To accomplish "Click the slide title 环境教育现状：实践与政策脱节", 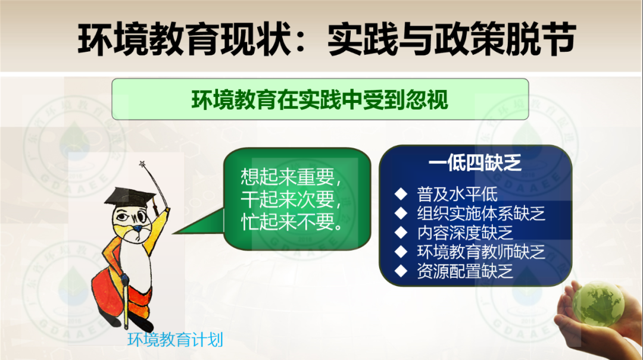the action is [327, 39].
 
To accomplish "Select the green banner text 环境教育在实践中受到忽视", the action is [320, 99].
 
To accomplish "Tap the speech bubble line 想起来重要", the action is [291, 177].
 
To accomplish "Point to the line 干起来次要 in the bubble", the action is [291, 200].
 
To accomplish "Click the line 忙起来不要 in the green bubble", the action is [292, 222].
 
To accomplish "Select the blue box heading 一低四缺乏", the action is [475, 163].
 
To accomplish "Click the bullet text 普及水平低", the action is [457, 195].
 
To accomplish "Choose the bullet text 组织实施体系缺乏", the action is [481, 214].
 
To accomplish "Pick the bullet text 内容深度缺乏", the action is [465, 233].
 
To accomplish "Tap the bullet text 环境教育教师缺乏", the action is [481, 252].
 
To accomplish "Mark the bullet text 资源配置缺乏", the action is [465, 271].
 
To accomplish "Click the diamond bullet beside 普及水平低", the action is [401, 195].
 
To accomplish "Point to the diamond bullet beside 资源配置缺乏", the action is [401, 271].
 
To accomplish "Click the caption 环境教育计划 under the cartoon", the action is [175, 340].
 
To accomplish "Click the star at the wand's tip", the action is [143, 164].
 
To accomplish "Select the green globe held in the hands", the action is [598, 304].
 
